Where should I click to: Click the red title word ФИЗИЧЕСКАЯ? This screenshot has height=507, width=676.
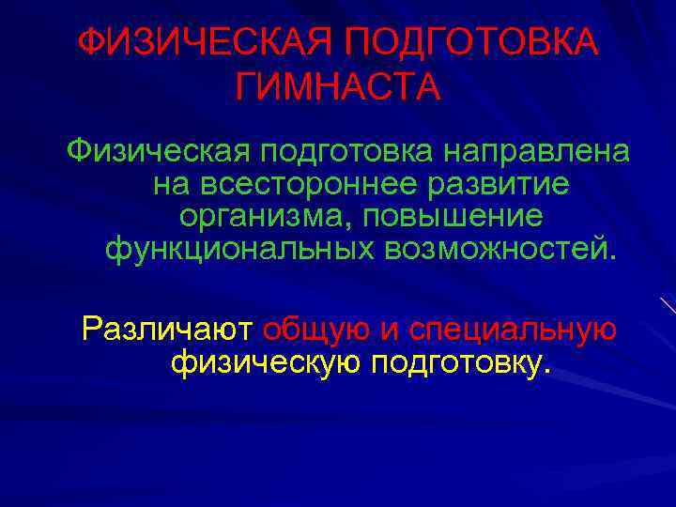click(x=203, y=42)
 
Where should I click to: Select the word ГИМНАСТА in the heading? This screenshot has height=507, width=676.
click(x=338, y=88)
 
